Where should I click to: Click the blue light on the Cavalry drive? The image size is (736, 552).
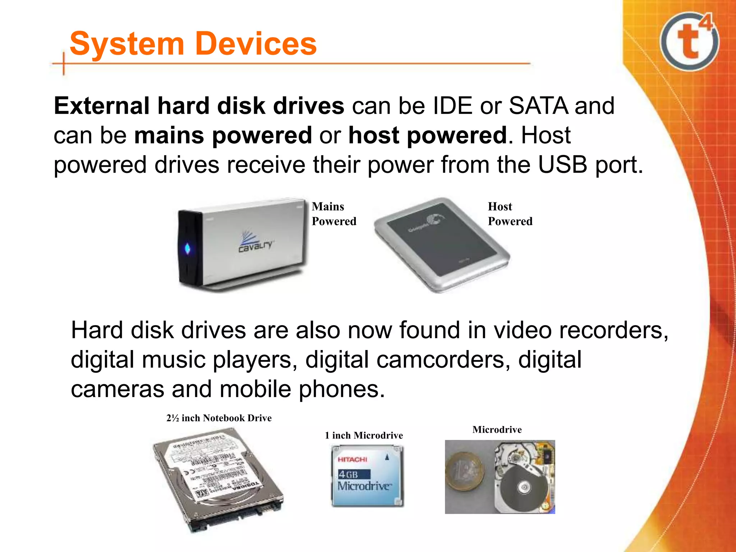click(x=188, y=248)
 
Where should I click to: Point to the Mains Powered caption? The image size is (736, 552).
click(x=333, y=214)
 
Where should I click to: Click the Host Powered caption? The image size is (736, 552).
click(x=510, y=214)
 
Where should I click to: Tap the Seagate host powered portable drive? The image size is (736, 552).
click(x=442, y=244)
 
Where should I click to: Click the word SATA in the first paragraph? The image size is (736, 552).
click(x=539, y=106)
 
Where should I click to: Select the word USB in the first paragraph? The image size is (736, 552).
click(x=563, y=165)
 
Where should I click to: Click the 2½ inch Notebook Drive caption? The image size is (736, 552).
click(x=219, y=418)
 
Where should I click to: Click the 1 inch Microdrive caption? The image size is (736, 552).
click(x=364, y=436)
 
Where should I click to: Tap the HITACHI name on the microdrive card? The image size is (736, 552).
click(x=352, y=460)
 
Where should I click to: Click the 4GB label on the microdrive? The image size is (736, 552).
click(x=348, y=475)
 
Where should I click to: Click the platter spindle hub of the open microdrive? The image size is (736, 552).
click(x=523, y=488)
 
